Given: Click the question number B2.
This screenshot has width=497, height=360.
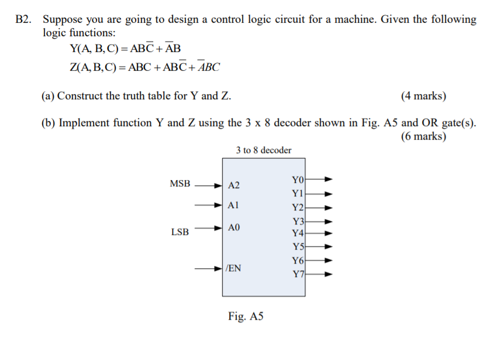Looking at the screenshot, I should click(25, 19).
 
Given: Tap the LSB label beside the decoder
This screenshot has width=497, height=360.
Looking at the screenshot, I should click(180, 232).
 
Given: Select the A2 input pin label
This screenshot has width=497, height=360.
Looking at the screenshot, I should click(234, 185).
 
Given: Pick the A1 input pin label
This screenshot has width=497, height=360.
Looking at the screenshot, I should click(234, 205).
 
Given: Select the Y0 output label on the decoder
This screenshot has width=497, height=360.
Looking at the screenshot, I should click(298, 179).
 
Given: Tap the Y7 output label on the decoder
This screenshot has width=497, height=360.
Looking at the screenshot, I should click(298, 274).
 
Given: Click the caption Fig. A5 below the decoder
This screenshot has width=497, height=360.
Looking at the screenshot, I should click(246, 316).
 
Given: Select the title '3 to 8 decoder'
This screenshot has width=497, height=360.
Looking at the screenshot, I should click(264, 150).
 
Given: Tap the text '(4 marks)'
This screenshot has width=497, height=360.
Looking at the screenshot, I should click(423, 96).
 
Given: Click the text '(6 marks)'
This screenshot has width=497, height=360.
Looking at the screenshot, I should click(423, 137).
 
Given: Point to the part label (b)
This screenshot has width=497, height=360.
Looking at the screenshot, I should click(49, 123).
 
